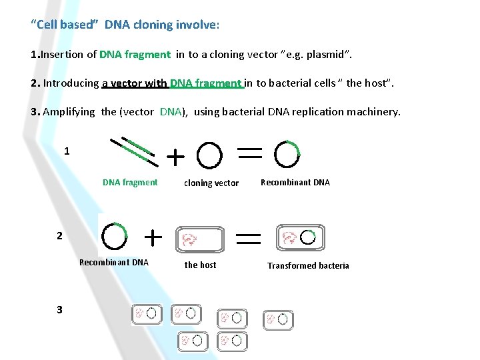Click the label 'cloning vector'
click(x=211, y=183)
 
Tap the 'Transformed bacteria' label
click(x=308, y=265)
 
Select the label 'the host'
click(x=200, y=265)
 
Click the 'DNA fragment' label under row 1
click(x=130, y=182)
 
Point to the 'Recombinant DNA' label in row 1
click(x=295, y=182)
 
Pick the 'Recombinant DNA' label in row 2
click(x=114, y=262)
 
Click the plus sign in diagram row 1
click(x=175, y=157)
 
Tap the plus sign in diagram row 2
click(x=153, y=237)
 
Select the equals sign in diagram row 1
click(x=249, y=153)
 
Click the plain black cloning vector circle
click(x=210, y=156)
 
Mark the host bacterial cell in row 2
click(x=199, y=239)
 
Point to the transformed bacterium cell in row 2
click(x=298, y=237)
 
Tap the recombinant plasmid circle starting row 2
click(x=115, y=235)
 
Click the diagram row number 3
click(x=59, y=309)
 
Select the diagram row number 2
click(x=59, y=236)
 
